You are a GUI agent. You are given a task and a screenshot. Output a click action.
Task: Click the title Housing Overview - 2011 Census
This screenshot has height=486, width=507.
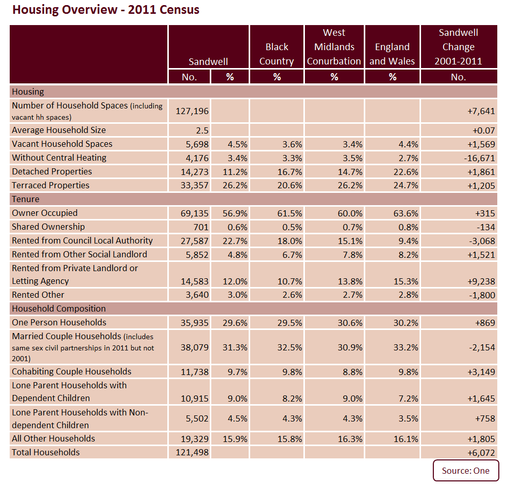pyautogui.click(x=106, y=10)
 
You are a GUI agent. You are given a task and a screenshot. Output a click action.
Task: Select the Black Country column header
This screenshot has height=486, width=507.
pyautogui.click(x=277, y=54)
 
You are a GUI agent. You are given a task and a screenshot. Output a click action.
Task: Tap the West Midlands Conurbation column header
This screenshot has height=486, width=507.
pyautogui.click(x=334, y=47)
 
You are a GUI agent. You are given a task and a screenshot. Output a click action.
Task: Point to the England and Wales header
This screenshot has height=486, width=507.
pyautogui.click(x=392, y=54)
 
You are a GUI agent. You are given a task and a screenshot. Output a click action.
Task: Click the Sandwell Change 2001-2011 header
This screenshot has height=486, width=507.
pyautogui.click(x=458, y=47)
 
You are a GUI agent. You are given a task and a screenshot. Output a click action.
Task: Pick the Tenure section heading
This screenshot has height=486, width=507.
pyautogui.click(x=26, y=199)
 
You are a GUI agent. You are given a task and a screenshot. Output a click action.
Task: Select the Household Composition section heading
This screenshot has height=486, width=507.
pyautogui.click(x=59, y=309)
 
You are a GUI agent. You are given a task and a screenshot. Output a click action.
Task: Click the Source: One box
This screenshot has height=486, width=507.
pyautogui.click(x=466, y=471)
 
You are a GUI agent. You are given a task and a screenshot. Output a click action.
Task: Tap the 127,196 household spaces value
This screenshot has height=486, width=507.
pyautogui.click(x=192, y=111)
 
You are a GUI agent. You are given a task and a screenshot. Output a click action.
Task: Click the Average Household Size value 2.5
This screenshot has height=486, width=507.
pyautogui.click(x=202, y=130)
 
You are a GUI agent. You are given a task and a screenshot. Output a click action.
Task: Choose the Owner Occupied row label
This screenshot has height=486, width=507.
pyautogui.click(x=45, y=213)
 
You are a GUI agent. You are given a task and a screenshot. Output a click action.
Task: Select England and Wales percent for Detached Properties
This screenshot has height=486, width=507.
pyautogui.click(x=406, y=172)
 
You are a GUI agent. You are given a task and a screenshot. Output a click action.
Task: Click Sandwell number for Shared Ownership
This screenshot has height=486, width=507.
pyautogui.click(x=201, y=227)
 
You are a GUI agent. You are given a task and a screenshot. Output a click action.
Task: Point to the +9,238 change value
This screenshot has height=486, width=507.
pyautogui.click(x=481, y=282)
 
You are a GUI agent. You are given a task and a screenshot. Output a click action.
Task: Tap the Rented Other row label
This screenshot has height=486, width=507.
pyautogui.click(x=38, y=295)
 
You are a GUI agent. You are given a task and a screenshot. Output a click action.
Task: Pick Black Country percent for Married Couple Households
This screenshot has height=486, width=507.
pyautogui.click(x=290, y=347)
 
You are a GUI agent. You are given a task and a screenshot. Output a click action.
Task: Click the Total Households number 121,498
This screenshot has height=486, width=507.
pyautogui.click(x=192, y=452)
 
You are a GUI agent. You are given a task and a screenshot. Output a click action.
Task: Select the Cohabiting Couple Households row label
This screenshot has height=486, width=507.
pyautogui.click(x=72, y=372)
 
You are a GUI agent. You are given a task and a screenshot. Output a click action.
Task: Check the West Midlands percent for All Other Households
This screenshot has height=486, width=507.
pyautogui.click(x=350, y=439)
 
